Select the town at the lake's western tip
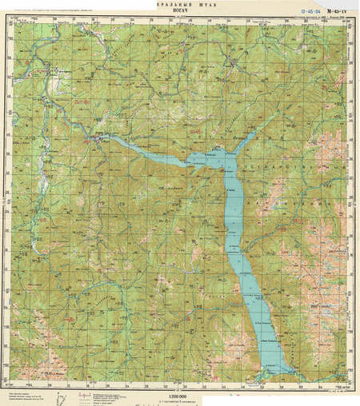(98, 141)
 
